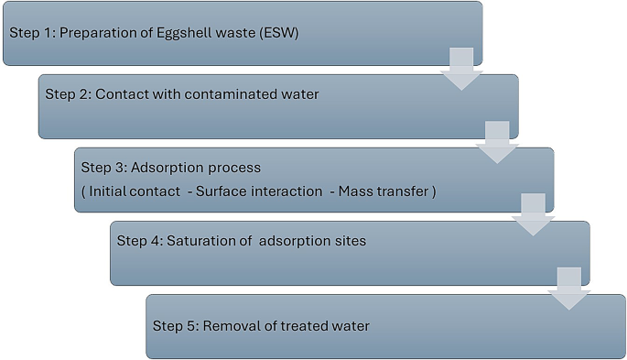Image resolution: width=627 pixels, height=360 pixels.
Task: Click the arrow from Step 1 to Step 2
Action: [x=462, y=69]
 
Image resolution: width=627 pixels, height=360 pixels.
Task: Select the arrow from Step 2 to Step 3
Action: [x=497, y=142]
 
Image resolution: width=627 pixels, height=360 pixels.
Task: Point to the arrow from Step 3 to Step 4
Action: [x=533, y=214]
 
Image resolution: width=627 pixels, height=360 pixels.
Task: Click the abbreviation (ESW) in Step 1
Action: [x=277, y=34]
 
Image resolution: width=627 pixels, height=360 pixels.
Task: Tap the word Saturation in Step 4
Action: [x=195, y=242]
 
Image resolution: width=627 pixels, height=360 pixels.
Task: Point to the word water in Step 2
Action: [x=298, y=94]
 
